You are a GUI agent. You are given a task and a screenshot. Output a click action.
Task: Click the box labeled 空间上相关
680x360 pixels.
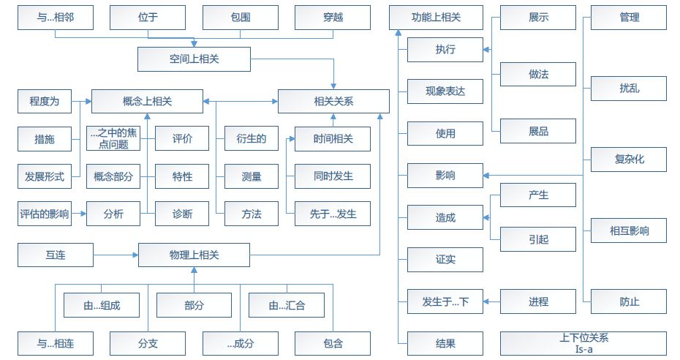[x=193, y=59]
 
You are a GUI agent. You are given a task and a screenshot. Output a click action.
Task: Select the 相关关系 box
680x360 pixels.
[x=333, y=101]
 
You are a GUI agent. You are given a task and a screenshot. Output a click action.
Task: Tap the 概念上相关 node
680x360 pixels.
[x=147, y=101]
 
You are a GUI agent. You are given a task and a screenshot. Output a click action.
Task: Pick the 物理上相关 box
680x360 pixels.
[x=193, y=255]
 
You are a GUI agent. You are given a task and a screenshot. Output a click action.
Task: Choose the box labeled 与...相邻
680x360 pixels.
[x=55, y=17]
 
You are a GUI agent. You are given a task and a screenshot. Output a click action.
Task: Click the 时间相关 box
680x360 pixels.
[x=333, y=138]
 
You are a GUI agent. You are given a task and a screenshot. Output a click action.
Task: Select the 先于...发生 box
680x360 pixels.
[x=333, y=214]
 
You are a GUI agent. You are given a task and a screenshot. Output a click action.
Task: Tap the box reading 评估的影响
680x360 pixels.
[x=45, y=214]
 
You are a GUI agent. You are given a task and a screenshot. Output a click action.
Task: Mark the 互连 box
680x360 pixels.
[x=55, y=255]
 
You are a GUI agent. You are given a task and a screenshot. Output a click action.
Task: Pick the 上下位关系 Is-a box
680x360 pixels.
[x=583, y=343]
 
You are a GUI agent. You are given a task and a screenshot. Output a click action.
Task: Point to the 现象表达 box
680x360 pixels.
[x=445, y=91]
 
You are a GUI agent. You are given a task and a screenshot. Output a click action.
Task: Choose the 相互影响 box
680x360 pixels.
[x=629, y=231]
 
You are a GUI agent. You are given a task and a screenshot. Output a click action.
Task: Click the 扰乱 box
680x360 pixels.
[x=629, y=89]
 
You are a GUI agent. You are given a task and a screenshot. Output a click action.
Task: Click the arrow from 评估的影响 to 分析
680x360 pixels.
[x=78, y=214]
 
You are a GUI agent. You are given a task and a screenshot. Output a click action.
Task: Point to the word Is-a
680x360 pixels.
[x=583, y=349]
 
